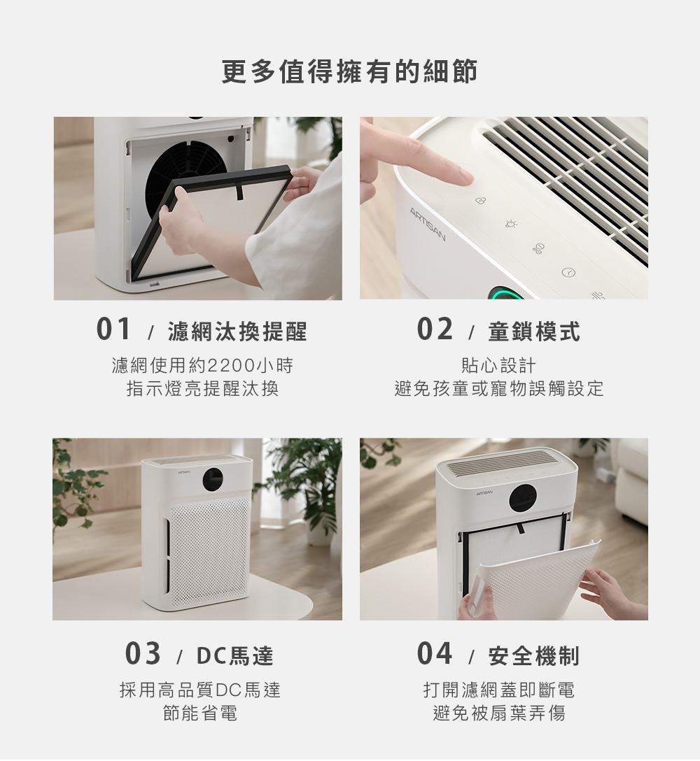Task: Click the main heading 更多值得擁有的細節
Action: [x=350, y=71]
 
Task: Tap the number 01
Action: [x=113, y=329]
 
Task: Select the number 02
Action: [x=435, y=329]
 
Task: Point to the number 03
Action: [x=143, y=653]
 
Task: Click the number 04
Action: [x=435, y=653]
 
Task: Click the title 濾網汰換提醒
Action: [x=238, y=332]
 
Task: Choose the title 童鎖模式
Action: [x=534, y=332]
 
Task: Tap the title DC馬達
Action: [x=236, y=655]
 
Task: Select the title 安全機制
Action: [x=534, y=655]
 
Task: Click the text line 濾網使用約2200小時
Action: [x=203, y=365]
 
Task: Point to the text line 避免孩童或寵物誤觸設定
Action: [x=499, y=389]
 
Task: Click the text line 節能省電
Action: [x=200, y=713]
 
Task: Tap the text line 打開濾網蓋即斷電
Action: [x=499, y=690]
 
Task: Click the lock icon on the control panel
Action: [x=479, y=201]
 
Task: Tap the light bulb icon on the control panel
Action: [x=511, y=224]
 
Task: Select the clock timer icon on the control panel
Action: [x=568, y=273]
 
